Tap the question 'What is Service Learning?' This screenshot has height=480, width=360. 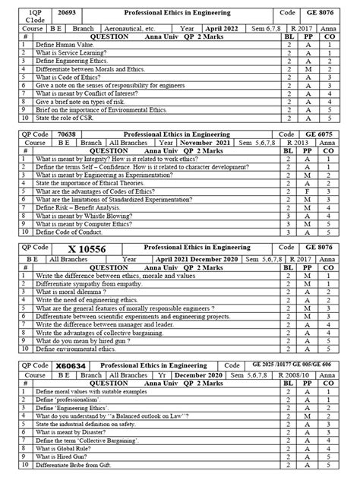(x=68, y=54)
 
